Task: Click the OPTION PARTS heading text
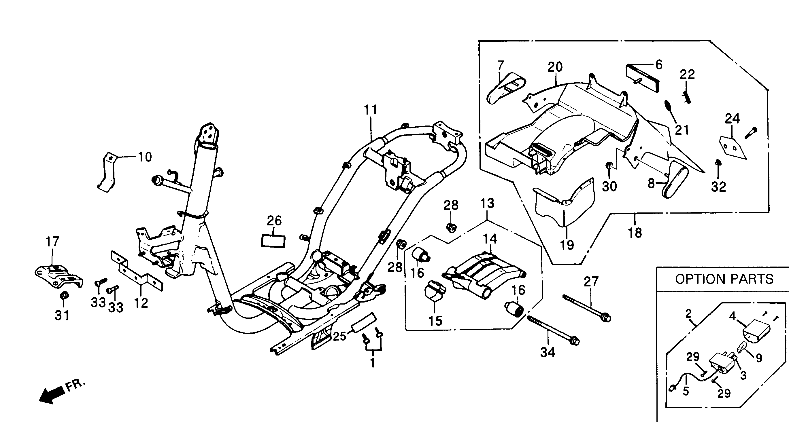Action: [x=724, y=279]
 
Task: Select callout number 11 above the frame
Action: [x=371, y=110]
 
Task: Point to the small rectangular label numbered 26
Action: [x=273, y=241]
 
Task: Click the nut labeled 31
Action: [x=64, y=296]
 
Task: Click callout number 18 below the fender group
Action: [x=635, y=233]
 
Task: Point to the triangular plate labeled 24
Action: [x=732, y=148]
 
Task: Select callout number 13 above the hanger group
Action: [x=487, y=204]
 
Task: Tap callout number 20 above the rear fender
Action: [x=555, y=67]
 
